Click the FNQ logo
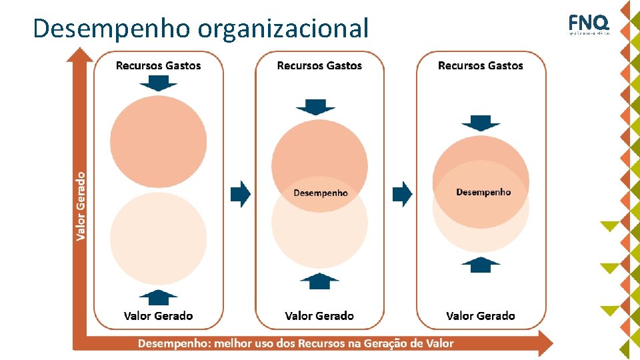click(589, 25)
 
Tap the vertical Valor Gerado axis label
click(81, 206)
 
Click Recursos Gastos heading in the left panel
click(158, 65)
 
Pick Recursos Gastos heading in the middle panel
click(319, 65)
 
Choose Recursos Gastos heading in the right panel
click(481, 65)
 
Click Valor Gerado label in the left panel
click(158, 315)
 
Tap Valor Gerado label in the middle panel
click(319, 315)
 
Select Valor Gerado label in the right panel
click(481, 315)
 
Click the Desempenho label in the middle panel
click(321, 193)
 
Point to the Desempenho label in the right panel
click(483, 192)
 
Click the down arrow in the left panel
click(158, 83)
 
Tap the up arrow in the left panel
click(158, 297)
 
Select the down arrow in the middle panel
click(315, 107)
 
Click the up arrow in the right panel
click(481, 265)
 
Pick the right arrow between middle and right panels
click(402, 194)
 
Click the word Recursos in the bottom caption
click(323, 343)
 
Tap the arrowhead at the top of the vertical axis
click(81, 53)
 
